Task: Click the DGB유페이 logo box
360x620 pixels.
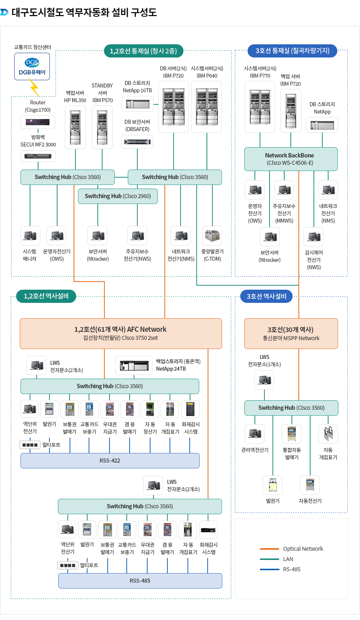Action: [32, 67]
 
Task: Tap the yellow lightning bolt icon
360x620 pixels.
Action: [34, 88]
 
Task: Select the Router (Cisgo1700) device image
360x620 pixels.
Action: [38, 122]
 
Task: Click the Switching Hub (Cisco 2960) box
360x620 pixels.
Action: [118, 196]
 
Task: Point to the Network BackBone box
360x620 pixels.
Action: [290, 159]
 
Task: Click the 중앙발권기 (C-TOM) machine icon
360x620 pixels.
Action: [212, 235]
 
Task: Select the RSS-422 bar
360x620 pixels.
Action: [110, 461]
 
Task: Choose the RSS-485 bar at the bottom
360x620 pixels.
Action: [140, 581]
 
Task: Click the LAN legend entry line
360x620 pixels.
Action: [269, 559]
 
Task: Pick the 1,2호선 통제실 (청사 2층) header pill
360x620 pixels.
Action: [143, 51]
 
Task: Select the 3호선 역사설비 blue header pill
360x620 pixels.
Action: [266, 296]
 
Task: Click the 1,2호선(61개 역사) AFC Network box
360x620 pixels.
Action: [120, 333]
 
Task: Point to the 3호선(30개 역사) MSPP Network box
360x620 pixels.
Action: [291, 333]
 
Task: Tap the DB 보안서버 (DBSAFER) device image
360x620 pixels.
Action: [137, 142]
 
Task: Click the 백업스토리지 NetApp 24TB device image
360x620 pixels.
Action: [134, 365]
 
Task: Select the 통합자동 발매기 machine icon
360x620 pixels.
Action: [292, 434]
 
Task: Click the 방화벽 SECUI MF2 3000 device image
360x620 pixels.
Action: [38, 156]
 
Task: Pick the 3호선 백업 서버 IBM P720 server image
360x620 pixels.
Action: [291, 111]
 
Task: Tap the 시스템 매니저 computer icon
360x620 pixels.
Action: [30, 235]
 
